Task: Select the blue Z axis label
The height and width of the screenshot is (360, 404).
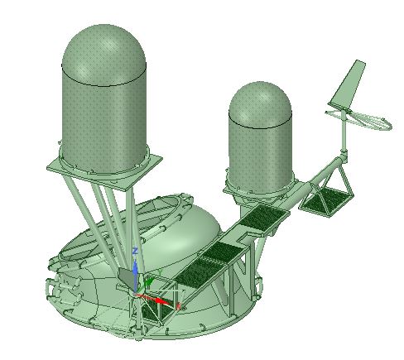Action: point(135,252)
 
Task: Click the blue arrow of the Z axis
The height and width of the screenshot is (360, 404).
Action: point(135,276)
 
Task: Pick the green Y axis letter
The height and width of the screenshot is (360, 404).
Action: point(160,272)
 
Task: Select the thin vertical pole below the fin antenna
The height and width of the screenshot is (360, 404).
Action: point(344,132)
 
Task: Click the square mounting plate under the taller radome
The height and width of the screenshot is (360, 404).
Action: point(104,172)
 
